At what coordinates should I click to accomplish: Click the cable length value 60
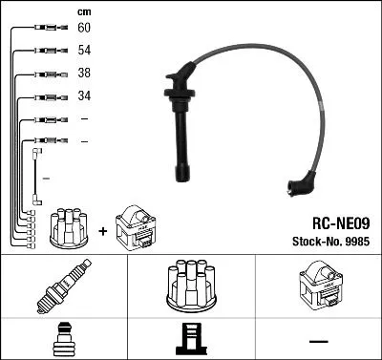point(85,28)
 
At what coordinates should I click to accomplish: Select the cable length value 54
point(85,51)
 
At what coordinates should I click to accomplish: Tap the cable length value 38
point(85,74)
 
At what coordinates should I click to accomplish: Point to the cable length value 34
point(85,96)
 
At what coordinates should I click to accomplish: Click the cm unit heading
point(83,11)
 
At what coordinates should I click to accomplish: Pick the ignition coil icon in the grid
point(318,286)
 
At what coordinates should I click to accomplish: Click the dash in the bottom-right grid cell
point(318,340)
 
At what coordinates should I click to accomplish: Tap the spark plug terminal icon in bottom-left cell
point(62,340)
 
